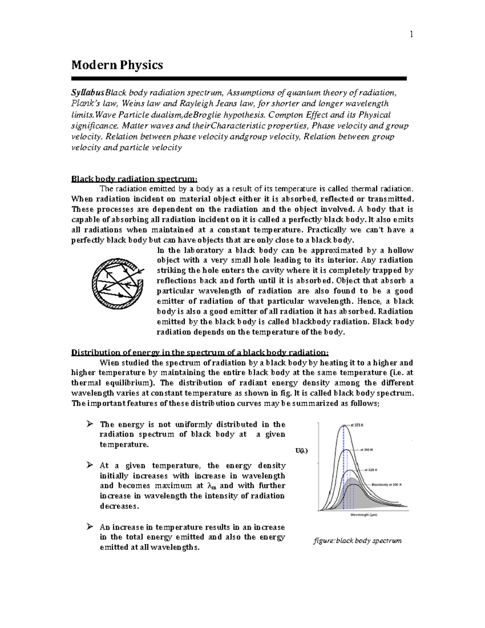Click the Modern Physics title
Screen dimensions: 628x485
pos(117,65)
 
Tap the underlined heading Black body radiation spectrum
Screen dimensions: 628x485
pos(135,179)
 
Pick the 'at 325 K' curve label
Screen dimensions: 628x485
pos(371,470)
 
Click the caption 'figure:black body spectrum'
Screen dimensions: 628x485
pos(357,541)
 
